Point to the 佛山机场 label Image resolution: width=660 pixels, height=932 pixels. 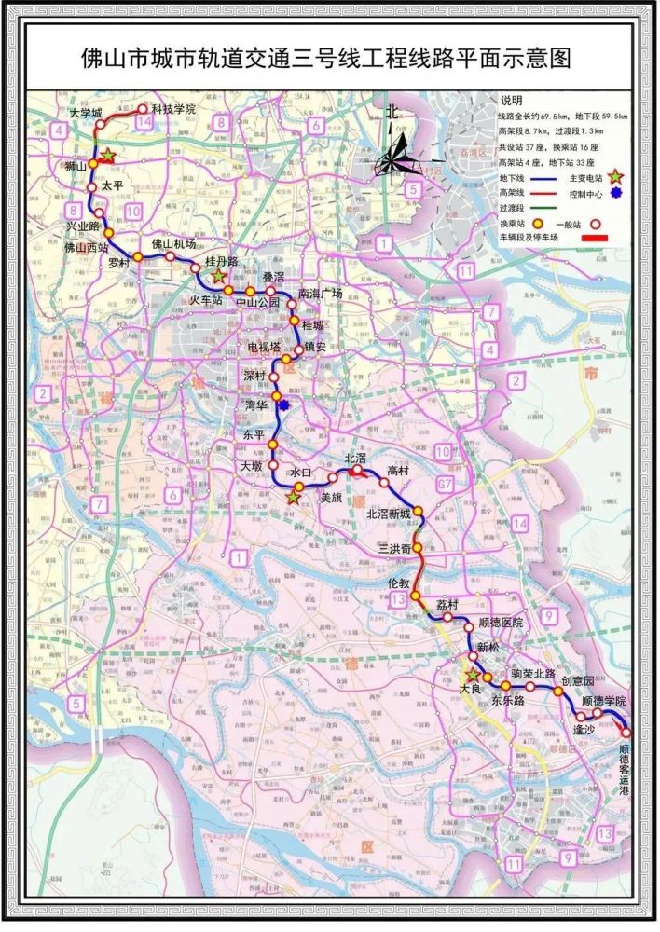coord(174,244)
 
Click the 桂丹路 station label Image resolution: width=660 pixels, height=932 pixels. coord(222,262)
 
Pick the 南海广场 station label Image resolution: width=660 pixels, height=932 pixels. coord(321,293)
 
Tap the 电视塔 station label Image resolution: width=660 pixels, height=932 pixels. coord(264,347)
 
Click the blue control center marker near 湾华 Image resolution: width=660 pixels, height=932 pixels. coord(283,404)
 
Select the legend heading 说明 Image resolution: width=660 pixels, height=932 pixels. coord(513,100)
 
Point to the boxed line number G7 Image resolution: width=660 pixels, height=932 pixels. coord(446,484)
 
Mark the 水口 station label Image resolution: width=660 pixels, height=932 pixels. coord(299,473)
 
